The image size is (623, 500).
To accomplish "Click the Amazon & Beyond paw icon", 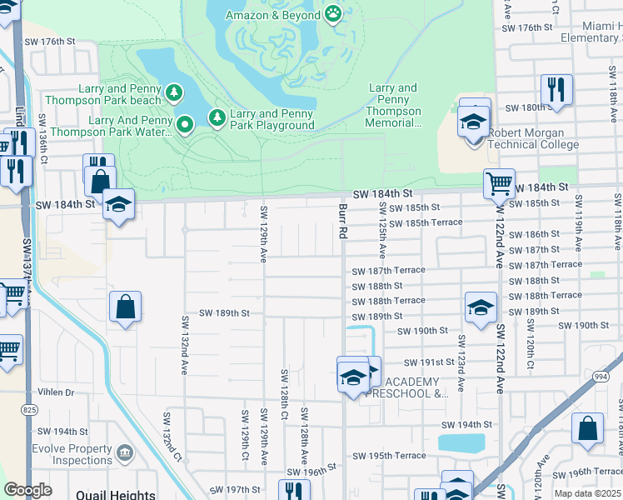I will point(333,13).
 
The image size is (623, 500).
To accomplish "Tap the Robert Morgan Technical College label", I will point(533,138).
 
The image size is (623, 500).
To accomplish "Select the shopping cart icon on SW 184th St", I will point(499,182).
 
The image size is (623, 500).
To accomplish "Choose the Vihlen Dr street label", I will point(55,392).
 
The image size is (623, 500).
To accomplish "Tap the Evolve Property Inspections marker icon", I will point(125,452).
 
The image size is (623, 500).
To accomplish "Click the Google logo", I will point(27,490).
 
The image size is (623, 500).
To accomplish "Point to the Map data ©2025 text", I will point(587,493).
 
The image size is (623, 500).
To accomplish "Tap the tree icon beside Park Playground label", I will point(217,117).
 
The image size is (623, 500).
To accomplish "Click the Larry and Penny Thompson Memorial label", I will point(393,106).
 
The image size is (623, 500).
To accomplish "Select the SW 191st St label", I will point(429,362).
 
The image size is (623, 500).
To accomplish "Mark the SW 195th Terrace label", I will point(389,456).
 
